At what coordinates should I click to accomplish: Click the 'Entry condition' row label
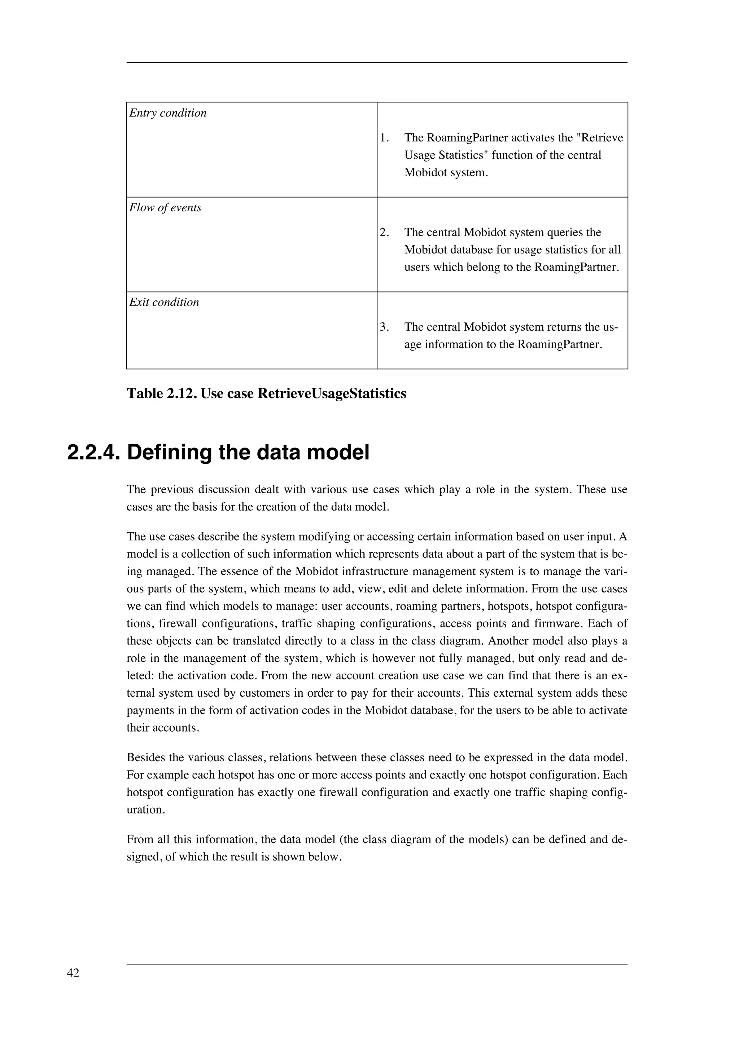[x=167, y=113]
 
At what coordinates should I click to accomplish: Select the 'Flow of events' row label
[x=165, y=208]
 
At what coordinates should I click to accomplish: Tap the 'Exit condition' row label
[x=164, y=302]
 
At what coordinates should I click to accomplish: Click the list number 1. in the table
[x=385, y=137]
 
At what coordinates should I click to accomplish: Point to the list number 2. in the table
[x=385, y=232]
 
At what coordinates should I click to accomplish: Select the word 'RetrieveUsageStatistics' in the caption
[x=332, y=393]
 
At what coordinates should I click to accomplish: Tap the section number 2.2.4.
[x=93, y=453]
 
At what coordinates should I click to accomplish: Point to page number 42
[x=73, y=973]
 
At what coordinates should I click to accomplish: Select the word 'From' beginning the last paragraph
[x=138, y=839]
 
